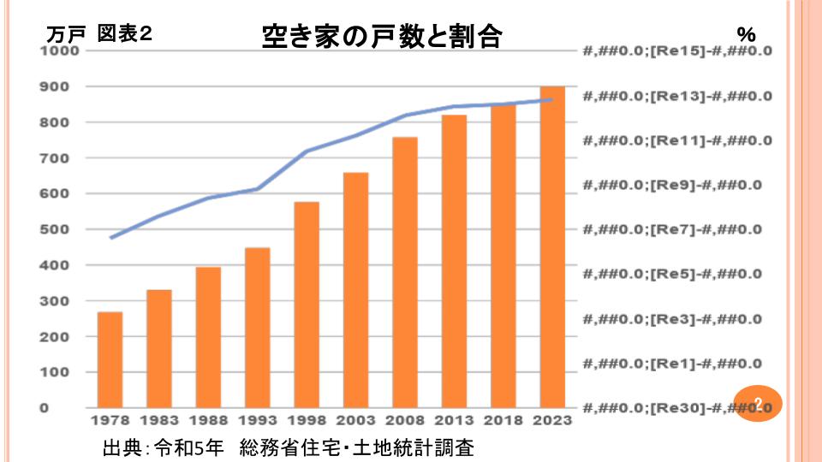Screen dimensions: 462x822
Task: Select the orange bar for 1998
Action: [307, 305]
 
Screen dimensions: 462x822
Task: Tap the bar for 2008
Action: [405, 272]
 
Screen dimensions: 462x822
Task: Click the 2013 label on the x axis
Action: [454, 421]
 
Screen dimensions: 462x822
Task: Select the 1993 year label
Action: [257, 421]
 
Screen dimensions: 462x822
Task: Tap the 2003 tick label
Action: [355, 421]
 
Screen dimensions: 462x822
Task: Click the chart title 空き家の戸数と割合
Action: [380, 36]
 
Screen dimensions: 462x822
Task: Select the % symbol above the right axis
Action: [746, 35]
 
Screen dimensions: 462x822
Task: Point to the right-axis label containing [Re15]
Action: [676, 51]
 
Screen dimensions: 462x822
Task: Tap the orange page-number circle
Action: [758, 402]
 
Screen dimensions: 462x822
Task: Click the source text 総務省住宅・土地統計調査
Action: [357, 447]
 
